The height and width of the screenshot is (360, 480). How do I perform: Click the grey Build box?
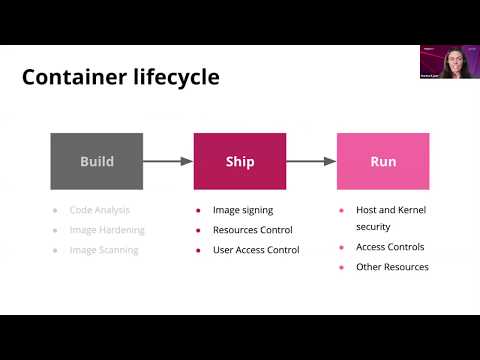click(96, 160)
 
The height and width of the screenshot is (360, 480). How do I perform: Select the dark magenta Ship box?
click(240, 160)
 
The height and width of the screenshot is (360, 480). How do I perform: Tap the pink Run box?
click(383, 160)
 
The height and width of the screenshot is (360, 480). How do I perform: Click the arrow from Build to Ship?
click(167, 160)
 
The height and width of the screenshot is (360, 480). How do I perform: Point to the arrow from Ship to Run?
click(311, 160)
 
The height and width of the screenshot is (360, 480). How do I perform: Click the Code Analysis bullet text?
click(100, 210)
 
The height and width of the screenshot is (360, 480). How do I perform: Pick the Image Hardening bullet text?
click(106, 230)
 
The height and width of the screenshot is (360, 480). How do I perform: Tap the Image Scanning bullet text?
click(104, 249)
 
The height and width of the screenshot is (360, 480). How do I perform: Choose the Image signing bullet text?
click(243, 210)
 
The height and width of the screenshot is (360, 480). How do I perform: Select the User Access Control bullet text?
click(256, 249)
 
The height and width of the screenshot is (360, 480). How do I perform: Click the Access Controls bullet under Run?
click(390, 247)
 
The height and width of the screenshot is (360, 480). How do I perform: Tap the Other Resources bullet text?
click(392, 267)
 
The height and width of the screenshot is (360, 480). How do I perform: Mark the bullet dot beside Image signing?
click(199, 210)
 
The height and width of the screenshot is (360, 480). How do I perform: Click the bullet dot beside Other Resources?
click(343, 267)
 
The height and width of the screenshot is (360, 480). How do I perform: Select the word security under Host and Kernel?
click(374, 227)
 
